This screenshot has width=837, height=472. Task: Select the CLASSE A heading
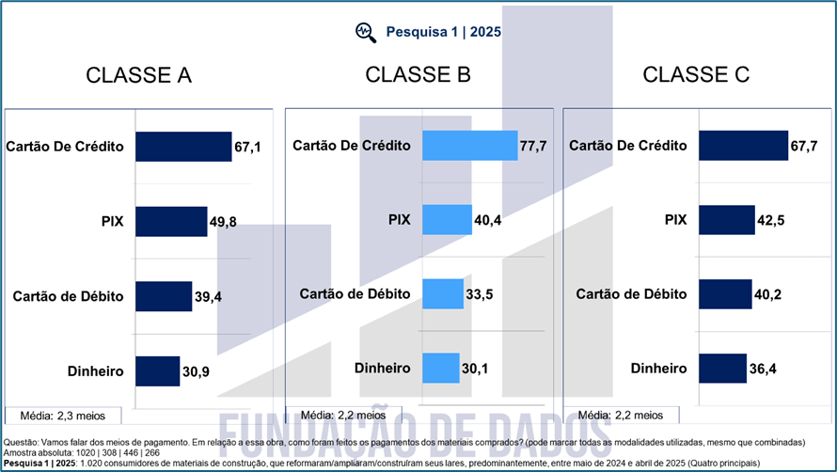tap(138, 76)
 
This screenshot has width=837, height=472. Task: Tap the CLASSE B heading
tap(418, 74)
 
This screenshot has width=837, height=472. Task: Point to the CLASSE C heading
tap(696, 75)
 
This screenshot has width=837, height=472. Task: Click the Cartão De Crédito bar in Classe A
tap(183, 147)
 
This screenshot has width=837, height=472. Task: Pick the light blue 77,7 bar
tap(469, 146)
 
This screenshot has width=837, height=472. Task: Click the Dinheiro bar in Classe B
tap(440, 368)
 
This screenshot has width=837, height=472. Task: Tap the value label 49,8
tap(222, 222)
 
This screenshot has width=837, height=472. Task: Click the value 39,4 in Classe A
tap(208, 297)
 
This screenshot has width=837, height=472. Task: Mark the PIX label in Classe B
tap(400, 220)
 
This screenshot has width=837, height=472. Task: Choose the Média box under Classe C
tap(621, 415)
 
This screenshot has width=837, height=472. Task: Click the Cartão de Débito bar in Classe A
tap(164, 296)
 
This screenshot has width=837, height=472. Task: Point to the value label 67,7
tap(803, 147)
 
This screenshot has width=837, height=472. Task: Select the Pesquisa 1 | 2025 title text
tap(443, 31)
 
